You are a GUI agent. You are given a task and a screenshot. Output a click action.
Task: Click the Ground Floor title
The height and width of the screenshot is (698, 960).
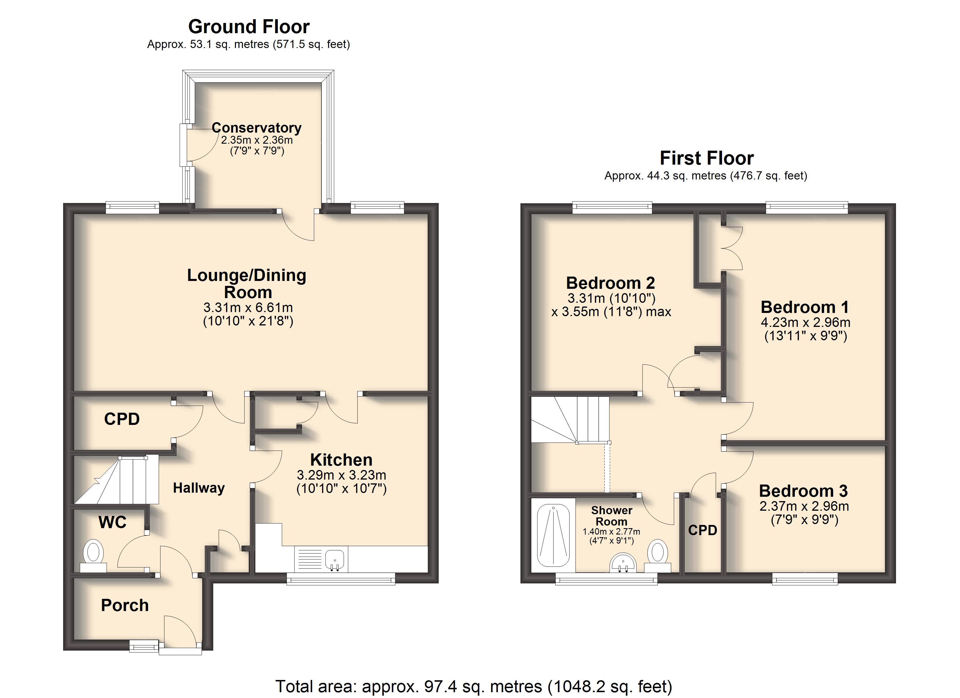tap(249, 27)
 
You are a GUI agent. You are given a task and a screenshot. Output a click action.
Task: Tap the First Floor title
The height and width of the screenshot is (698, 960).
tap(706, 158)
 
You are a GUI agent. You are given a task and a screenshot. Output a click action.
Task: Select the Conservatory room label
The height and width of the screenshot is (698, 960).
tap(257, 127)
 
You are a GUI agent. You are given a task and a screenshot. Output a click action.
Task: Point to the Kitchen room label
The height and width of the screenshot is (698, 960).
tap(341, 460)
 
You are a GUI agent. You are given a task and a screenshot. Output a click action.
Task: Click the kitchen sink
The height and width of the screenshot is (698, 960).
tap(335, 559)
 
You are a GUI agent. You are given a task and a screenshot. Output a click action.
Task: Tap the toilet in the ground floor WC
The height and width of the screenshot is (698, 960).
tap(93, 556)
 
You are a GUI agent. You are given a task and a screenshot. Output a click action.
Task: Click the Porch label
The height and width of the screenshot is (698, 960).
tap(125, 605)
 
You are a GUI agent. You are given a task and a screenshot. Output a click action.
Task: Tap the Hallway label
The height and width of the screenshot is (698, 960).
tap(199, 488)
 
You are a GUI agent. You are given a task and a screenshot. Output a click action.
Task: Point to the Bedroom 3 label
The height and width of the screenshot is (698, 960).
tap(803, 491)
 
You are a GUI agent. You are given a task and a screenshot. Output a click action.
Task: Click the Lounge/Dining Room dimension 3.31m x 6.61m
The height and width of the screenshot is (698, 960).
tap(248, 307)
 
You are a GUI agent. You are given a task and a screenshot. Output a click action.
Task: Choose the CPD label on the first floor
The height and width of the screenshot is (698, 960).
tap(703, 530)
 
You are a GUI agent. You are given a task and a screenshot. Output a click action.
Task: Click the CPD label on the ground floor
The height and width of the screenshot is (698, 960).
tap(122, 419)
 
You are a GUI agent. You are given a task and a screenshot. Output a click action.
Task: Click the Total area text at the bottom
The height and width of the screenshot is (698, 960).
tap(474, 686)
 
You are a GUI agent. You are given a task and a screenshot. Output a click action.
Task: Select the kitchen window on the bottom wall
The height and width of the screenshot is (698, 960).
tap(341, 579)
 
